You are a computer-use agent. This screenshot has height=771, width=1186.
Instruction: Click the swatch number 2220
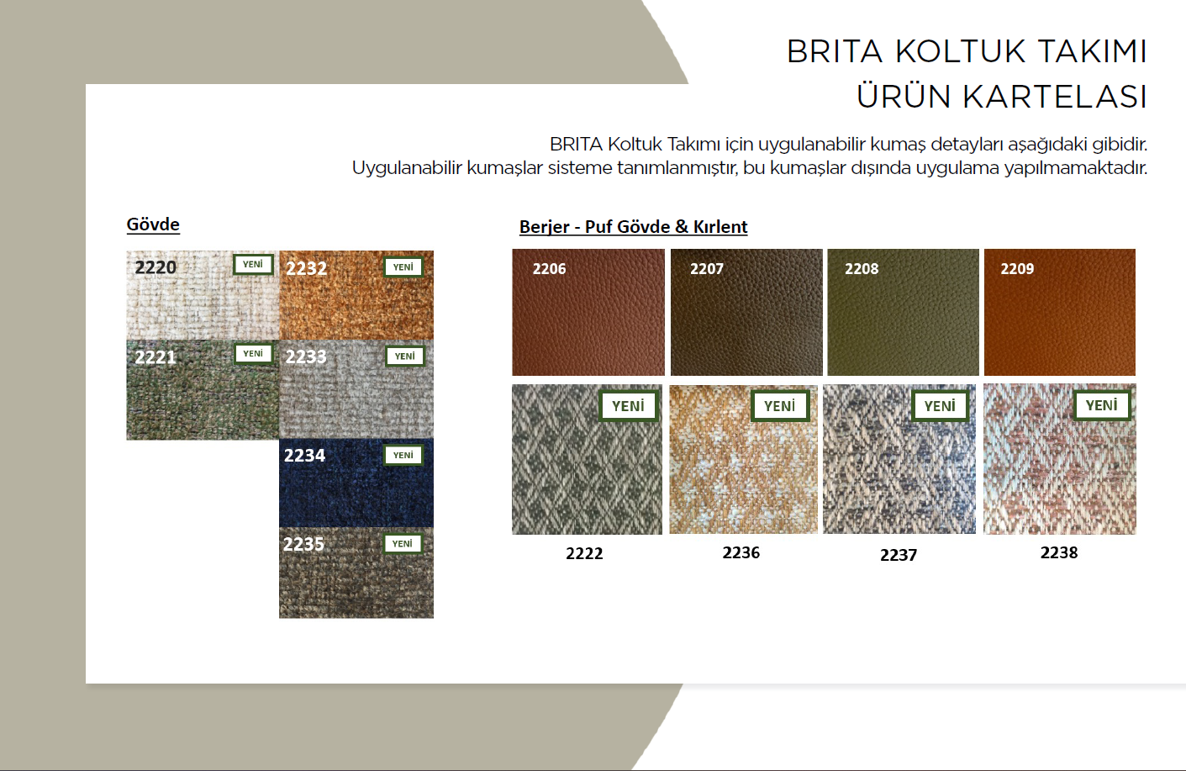(155, 267)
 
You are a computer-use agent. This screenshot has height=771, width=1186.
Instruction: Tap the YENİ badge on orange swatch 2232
(403, 267)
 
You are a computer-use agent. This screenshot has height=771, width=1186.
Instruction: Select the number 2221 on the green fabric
(155, 357)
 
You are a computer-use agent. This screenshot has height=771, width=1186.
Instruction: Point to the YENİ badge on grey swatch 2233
(405, 356)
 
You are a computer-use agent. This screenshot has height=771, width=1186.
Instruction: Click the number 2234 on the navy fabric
(304, 456)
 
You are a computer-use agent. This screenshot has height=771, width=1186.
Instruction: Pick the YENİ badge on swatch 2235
(403, 544)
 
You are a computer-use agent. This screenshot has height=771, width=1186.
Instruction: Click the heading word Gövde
(153, 224)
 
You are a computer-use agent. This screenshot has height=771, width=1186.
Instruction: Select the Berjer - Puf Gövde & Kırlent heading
(633, 227)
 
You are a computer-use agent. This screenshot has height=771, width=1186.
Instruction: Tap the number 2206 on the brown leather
(549, 269)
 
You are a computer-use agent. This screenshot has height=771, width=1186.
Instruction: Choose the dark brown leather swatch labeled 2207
(746, 313)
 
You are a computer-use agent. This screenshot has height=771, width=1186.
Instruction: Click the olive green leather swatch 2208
(904, 313)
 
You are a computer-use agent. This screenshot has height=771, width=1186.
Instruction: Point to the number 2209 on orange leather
(1017, 269)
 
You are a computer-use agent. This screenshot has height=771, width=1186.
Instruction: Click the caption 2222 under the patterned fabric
(584, 553)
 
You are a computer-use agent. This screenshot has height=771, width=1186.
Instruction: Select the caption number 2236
(741, 553)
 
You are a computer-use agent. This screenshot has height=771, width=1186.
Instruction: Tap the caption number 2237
(899, 555)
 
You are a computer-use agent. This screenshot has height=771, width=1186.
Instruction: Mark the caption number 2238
(1059, 553)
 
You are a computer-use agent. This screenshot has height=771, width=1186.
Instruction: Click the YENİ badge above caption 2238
(1102, 405)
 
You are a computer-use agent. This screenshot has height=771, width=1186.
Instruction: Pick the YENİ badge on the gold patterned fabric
(780, 406)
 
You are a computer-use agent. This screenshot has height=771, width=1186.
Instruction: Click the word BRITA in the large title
(835, 51)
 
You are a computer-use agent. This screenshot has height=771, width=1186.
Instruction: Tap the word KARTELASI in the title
(1055, 97)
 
